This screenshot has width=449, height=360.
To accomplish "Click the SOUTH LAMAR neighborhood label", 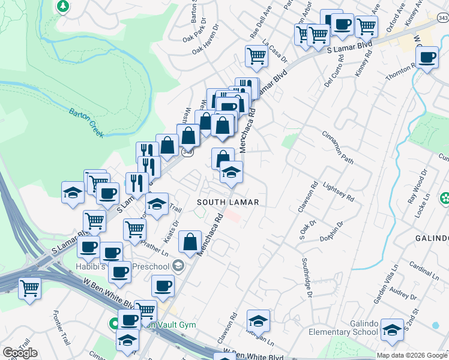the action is tap(228, 202).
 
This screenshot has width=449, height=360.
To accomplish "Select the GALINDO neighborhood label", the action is tap(432, 238).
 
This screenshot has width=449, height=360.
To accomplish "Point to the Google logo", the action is tap(20, 353).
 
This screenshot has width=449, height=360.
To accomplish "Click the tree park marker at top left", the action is tap(62, 7).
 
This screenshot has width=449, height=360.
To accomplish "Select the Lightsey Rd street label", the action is tap(339, 192).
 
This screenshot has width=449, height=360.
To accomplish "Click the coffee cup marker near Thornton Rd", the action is tap(427, 59).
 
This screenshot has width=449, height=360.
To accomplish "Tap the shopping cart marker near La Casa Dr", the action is tap(256, 56).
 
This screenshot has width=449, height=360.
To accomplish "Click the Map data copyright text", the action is tap(412, 355).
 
